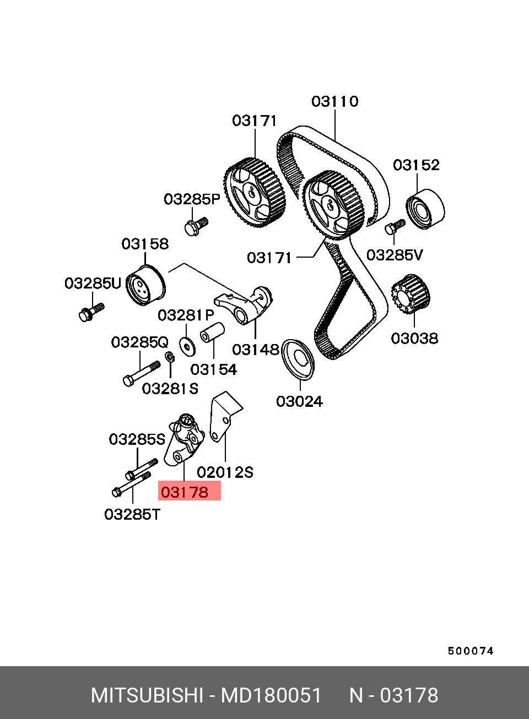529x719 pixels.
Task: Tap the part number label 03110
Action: (334, 101)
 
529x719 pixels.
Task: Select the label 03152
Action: (416, 165)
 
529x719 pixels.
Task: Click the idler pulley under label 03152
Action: (425, 209)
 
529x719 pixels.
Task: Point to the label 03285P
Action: (192, 199)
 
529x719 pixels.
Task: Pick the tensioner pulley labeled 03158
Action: (145, 285)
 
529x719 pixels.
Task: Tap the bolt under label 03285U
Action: (91, 312)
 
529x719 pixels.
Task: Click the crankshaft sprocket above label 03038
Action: (411, 294)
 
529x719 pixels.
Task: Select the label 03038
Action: (414, 339)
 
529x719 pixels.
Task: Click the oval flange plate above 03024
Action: (298, 359)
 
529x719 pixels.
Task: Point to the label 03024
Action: (299, 401)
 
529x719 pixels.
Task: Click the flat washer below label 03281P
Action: (187, 346)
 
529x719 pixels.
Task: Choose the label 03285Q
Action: (140, 342)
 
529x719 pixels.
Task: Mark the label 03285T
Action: (132, 515)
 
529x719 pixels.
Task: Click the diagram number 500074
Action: (471, 651)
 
